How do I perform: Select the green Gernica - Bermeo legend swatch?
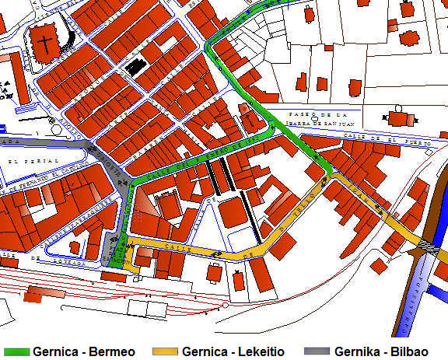16,351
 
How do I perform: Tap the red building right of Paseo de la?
400,119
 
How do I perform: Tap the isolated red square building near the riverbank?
378,266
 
